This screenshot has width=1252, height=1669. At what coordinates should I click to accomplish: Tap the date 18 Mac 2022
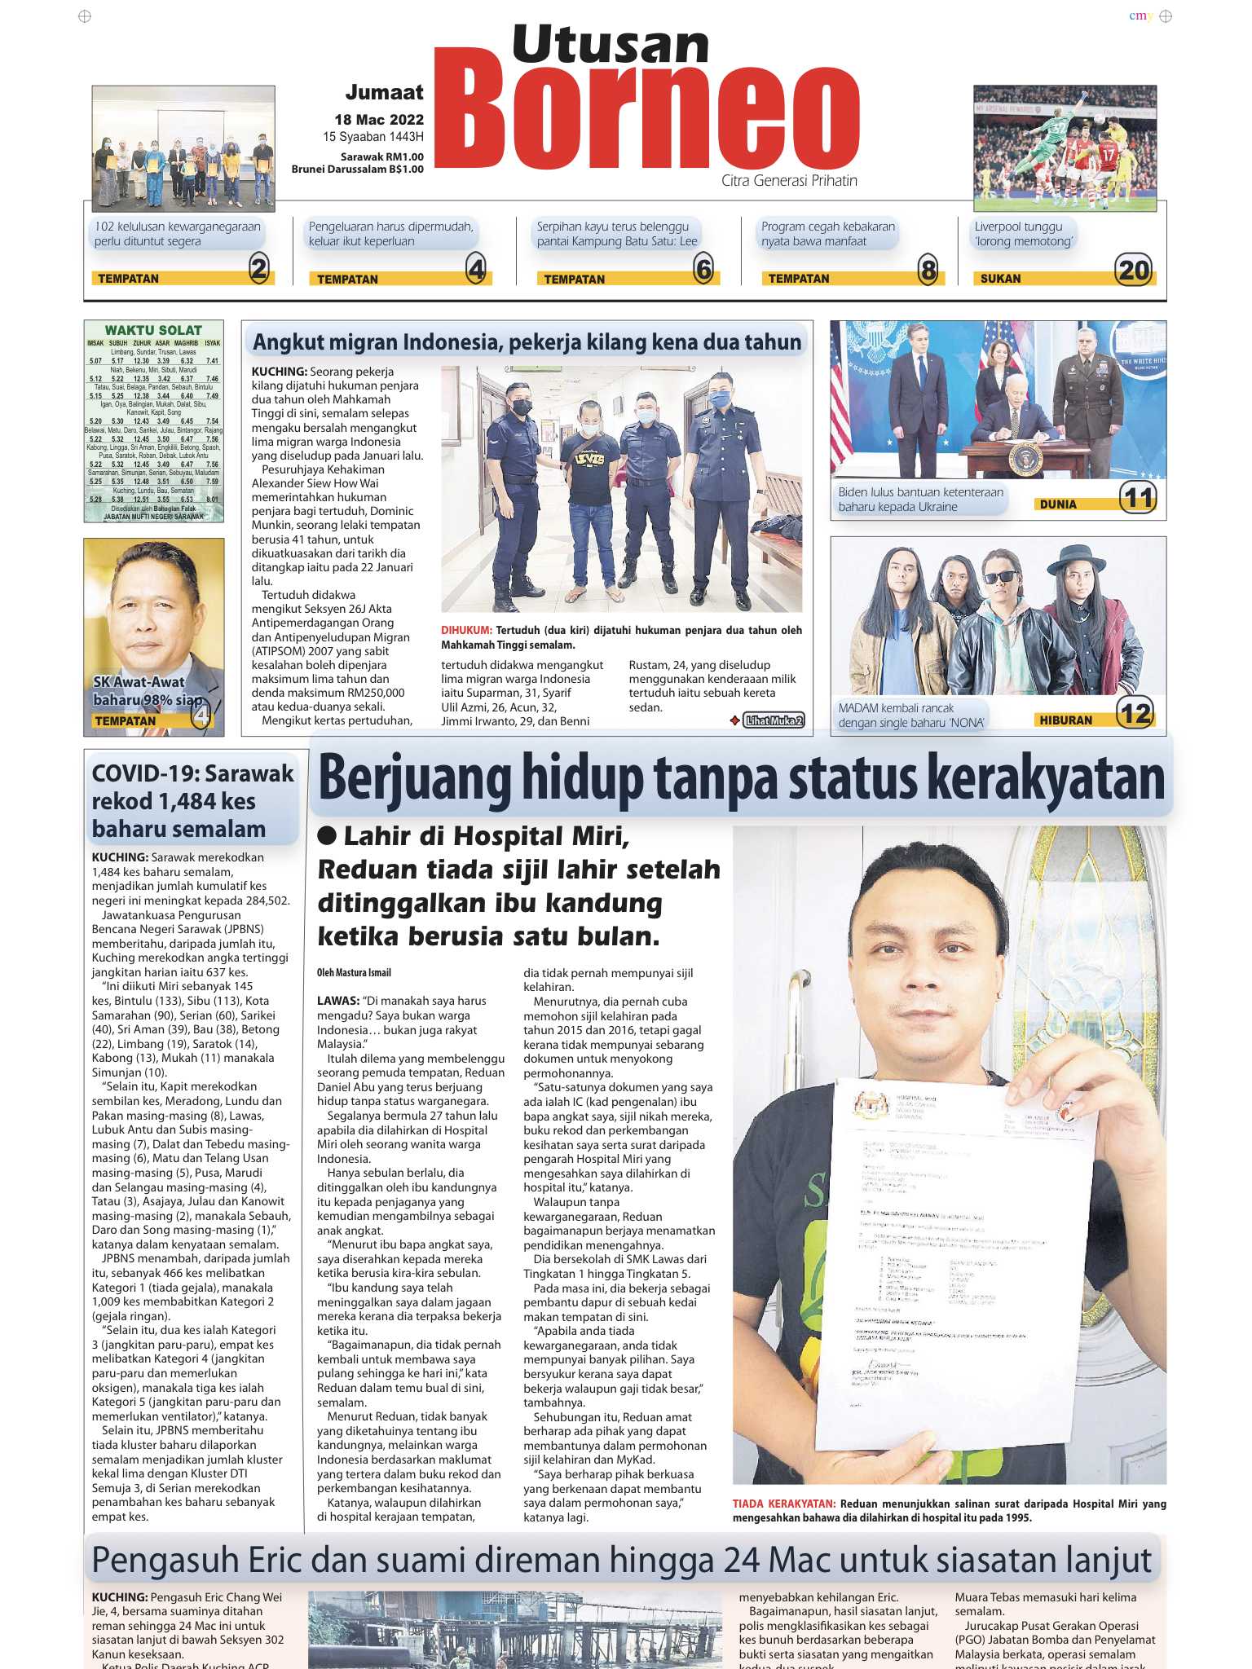379,120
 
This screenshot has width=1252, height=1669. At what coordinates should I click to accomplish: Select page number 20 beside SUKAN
1134,270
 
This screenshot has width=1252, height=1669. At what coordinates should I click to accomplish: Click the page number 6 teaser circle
703,269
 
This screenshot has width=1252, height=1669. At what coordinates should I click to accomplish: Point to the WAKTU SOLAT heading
153,330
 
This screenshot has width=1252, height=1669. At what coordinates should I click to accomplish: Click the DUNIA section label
1058,504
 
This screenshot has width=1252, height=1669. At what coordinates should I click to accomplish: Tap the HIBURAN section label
1065,720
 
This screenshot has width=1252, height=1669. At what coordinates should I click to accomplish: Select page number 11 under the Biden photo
1138,497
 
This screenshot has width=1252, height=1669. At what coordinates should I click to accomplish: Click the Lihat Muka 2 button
774,720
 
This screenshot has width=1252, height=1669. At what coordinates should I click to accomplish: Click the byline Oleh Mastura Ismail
354,972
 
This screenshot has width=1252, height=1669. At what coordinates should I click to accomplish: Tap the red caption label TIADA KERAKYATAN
783,1504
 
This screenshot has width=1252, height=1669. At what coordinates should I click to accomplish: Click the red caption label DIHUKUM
466,631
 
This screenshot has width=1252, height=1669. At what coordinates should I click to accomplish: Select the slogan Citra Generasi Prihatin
789,181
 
